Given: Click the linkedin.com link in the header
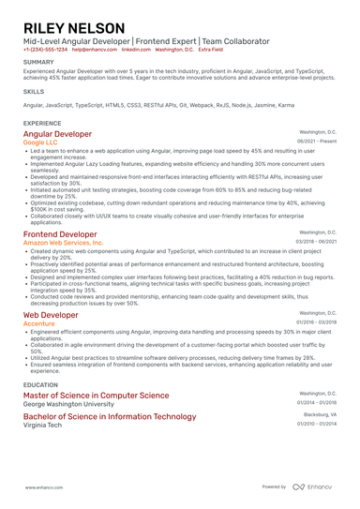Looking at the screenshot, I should (136, 49).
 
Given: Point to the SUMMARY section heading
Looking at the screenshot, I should (38, 63).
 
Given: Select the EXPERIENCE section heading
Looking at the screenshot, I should (42, 123).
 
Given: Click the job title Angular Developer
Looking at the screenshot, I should (57, 134).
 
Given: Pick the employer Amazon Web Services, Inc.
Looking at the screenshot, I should (63, 243).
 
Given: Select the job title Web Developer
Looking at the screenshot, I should (51, 315).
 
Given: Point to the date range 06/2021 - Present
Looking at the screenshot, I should (317, 142).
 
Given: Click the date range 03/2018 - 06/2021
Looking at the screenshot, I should (316, 241).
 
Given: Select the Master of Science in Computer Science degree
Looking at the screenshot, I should (96, 396).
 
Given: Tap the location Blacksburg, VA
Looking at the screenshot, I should (320, 414).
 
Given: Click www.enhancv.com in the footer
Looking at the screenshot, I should (43, 487).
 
